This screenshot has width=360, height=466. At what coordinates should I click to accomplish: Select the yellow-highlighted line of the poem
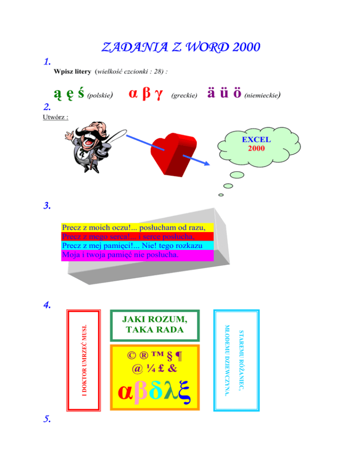(x=136, y=228)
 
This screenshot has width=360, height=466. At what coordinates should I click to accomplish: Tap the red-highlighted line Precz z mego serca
(x=135, y=237)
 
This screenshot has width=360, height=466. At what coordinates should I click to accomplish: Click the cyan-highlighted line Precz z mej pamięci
(x=136, y=246)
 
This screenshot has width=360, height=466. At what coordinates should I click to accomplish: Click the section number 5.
(x=47, y=421)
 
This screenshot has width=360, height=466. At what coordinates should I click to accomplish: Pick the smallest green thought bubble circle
(x=220, y=195)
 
